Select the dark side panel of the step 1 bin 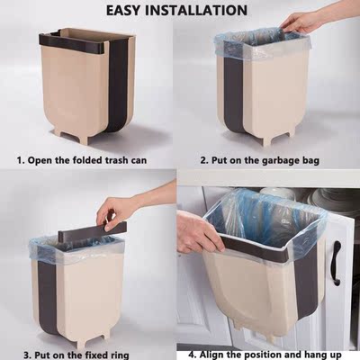pyautogui.click(x=117, y=85)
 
